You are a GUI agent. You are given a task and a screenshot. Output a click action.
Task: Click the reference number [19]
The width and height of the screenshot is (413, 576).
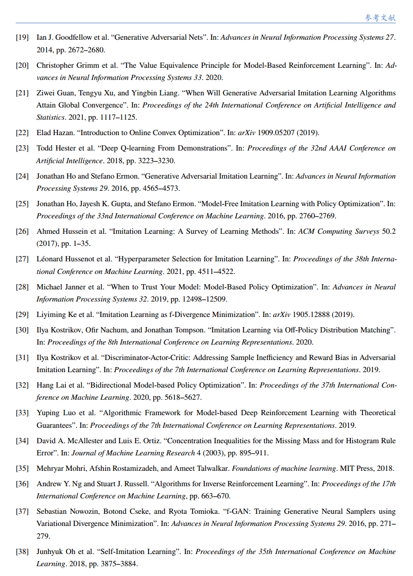[x=22, y=37]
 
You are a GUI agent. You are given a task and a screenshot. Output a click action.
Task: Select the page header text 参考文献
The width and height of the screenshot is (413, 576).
[x=380, y=18]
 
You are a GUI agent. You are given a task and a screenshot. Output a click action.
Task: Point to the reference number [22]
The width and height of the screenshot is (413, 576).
[x=22, y=133]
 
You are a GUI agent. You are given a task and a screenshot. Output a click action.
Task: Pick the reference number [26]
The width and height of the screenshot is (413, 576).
[x=22, y=231]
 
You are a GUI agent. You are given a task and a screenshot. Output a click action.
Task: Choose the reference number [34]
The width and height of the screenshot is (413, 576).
[x=22, y=441]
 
